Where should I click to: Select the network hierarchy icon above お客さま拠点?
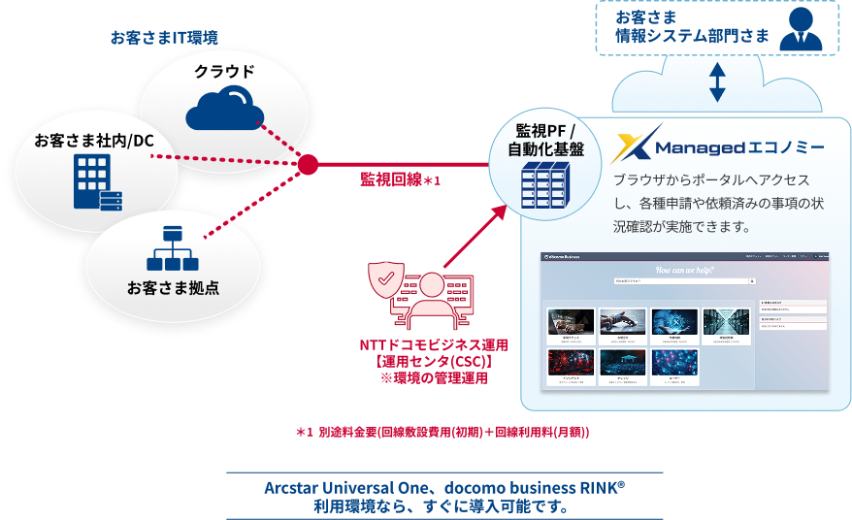point(172,249)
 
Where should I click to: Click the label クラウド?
point(224,71)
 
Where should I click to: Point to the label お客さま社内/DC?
point(94,142)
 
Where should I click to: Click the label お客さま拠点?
point(172,288)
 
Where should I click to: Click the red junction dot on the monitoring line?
point(308,165)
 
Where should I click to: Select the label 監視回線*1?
point(401,179)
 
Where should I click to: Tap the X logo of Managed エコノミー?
point(639,144)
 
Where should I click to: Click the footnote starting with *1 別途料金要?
point(442,431)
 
